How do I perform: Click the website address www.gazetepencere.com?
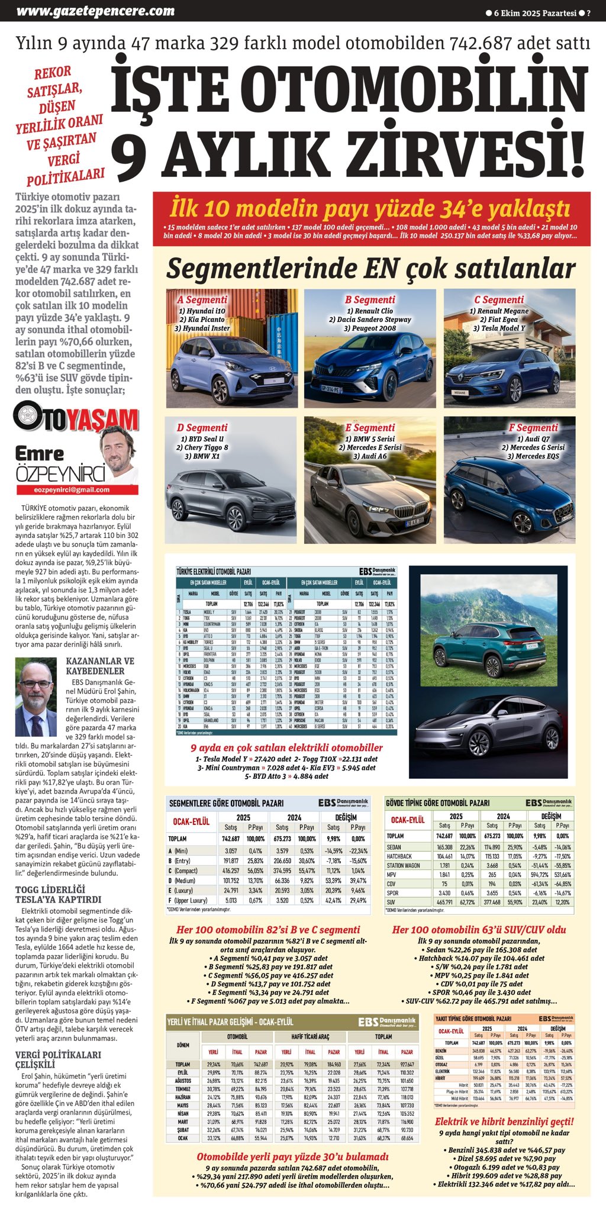[x=95, y=11]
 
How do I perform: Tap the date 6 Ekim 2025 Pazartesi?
[x=534, y=12]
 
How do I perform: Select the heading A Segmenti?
[x=202, y=300]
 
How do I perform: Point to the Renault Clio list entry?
[x=370, y=311]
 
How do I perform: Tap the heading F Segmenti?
[x=533, y=428]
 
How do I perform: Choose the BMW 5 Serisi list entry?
[x=370, y=439]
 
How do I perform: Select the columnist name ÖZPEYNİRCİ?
[x=60, y=474]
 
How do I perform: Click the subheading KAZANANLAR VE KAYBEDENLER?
[x=99, y=666]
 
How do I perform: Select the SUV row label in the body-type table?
[x=391, y=902]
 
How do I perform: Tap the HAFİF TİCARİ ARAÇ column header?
[x=310, y=1036]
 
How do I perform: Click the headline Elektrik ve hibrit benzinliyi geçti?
[x=504, y=1121]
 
